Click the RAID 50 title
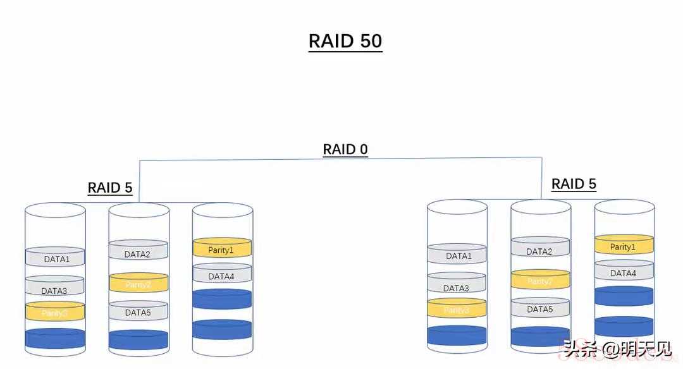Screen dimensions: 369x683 pyautogui.click(x=345, y=41)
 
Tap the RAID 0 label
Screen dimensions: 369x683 pyautogui.click(x=345, y=150)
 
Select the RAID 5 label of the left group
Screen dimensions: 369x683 pyautogui.click(x=110, y=188)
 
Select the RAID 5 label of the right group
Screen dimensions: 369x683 pyautogui.click(x=574, y=184)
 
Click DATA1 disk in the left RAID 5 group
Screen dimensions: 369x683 pyautogui.click(x=56, y=258)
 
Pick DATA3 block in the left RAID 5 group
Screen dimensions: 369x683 pyautogui.click(x=54, y=290)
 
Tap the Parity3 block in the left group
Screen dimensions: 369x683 pyautogui.click(x=54, y=313)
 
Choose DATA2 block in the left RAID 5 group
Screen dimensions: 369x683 pyautogui.click(x=137, y=254)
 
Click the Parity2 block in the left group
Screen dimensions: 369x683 pyautogui.click(x=138, y=284)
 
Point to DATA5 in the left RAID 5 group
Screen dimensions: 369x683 pyautogui.click(x=137, y=312)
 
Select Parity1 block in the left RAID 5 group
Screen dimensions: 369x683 pyautogui.click(x=221, y=250)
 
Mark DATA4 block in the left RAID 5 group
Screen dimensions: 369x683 pyautogui.click(x=221, y=276)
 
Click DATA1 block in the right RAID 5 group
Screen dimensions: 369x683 pyautogui.click(x=458, y=255)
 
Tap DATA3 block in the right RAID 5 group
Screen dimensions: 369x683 pyautogui.click(x=457, y=287)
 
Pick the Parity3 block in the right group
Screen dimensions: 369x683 pyautogui.click(x=457, y=310)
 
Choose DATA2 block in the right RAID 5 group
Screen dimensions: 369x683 pyautogui.click(x=539, y=251)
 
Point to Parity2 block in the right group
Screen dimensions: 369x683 pyautogui.click(x=540, y=281)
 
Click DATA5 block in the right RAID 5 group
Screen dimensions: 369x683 pyautogui.click(x=539, y=309)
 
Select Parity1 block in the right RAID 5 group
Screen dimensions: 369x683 pyautogui.click(x=624, y=246)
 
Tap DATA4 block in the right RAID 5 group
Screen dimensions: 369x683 pyautogui.click(x=624, y=273)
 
